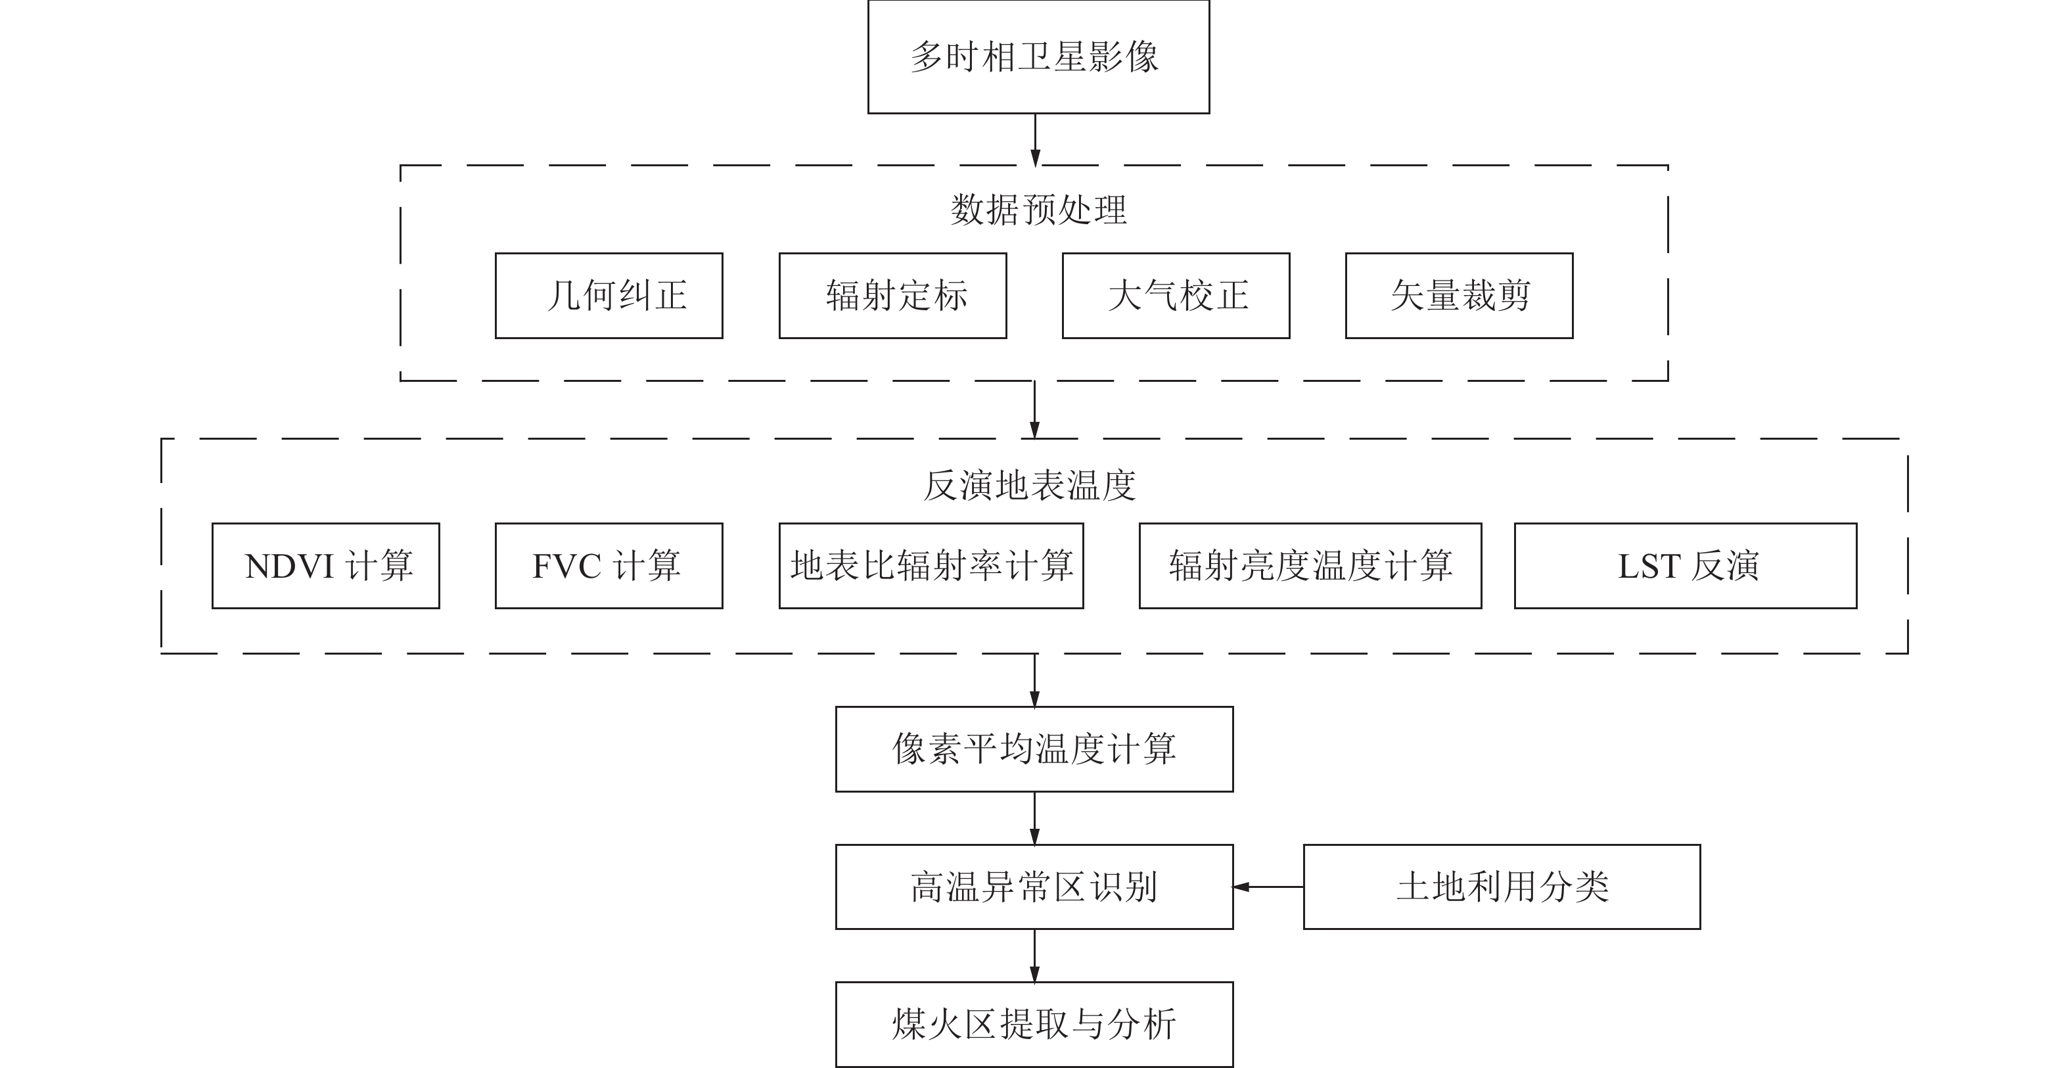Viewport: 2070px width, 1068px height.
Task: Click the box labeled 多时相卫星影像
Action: coord(1038,57)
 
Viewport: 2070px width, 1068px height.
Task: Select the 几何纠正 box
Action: coord(609,296)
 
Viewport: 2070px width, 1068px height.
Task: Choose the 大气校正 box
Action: coord(1176,296)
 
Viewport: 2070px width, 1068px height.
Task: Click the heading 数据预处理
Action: coord(1038,210)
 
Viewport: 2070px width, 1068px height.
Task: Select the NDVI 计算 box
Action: coord(325,566)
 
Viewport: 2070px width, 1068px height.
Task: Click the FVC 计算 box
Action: coord(609,566)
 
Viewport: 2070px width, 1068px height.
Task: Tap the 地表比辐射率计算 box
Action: coord(931,566)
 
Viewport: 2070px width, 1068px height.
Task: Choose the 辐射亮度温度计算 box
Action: coord(1310,566)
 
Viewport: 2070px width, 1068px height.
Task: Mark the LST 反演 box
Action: coord(1685,566)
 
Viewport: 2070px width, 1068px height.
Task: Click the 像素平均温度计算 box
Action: coord(1034,749)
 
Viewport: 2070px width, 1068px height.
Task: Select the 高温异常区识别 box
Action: coord(1034,887)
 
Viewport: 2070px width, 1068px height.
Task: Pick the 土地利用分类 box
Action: coord(1501,887)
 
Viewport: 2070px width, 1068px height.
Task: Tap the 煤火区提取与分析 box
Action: coord(1034,1025)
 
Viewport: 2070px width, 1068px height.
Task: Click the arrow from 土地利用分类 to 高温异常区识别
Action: coord(1268,887)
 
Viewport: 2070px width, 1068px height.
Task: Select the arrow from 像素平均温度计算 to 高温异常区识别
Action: coord(1034,818)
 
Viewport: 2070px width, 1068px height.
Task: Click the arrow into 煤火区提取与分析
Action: coord(1034,956)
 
